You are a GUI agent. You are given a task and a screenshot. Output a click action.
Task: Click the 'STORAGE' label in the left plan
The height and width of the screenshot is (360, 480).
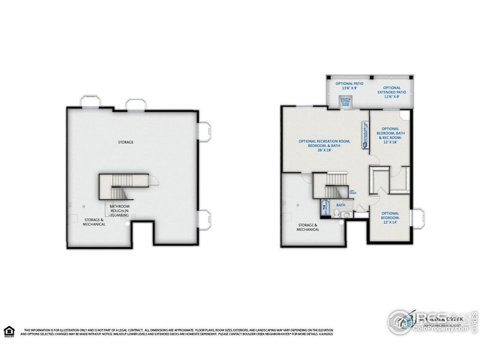125,142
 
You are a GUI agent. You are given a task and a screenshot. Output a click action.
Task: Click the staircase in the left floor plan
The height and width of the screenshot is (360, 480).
124,186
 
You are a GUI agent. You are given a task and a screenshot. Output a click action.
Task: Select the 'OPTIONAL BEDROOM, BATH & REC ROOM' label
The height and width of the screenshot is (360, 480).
390,136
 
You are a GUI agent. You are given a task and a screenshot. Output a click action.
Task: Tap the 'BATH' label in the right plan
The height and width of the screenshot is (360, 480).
340,205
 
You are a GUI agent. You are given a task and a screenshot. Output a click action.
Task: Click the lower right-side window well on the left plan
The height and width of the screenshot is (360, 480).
203,220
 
